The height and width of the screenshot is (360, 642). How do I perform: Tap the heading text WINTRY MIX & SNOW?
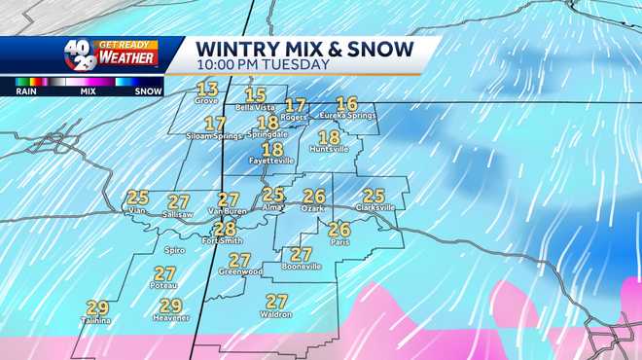point(304,49)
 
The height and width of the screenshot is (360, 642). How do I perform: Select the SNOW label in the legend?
point(148,90)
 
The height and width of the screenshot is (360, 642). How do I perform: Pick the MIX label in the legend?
point(89,90)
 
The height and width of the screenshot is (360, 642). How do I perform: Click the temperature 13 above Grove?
point(206,89)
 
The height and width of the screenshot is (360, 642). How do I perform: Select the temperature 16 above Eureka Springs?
point(346,104)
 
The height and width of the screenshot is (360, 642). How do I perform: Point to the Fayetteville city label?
point(272,162)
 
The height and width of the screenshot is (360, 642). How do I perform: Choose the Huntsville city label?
point(329,149)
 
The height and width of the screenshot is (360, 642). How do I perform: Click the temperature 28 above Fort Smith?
point(225,229)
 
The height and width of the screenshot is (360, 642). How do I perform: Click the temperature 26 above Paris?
point(339,230)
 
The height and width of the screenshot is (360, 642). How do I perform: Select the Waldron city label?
point(276,313)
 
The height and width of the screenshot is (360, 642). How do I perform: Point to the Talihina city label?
point(96,320)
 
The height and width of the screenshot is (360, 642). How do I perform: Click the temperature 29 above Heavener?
point(170,306)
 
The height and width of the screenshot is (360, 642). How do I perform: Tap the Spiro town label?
point(176,250)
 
